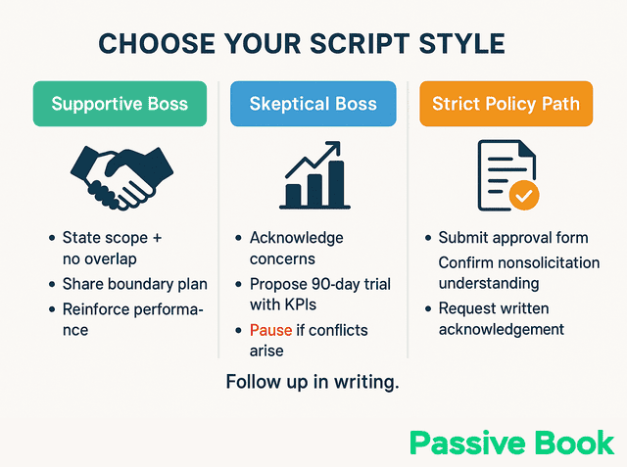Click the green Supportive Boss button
click(119, 104)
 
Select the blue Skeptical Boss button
click(313, 104)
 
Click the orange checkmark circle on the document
click(524, 196)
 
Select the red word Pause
click(270, 330)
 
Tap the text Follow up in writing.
click(313, 382)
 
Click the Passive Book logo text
click(511, 443)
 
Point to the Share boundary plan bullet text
click(134, 284)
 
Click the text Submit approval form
click(513, 238)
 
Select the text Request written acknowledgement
click(501, 319)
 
